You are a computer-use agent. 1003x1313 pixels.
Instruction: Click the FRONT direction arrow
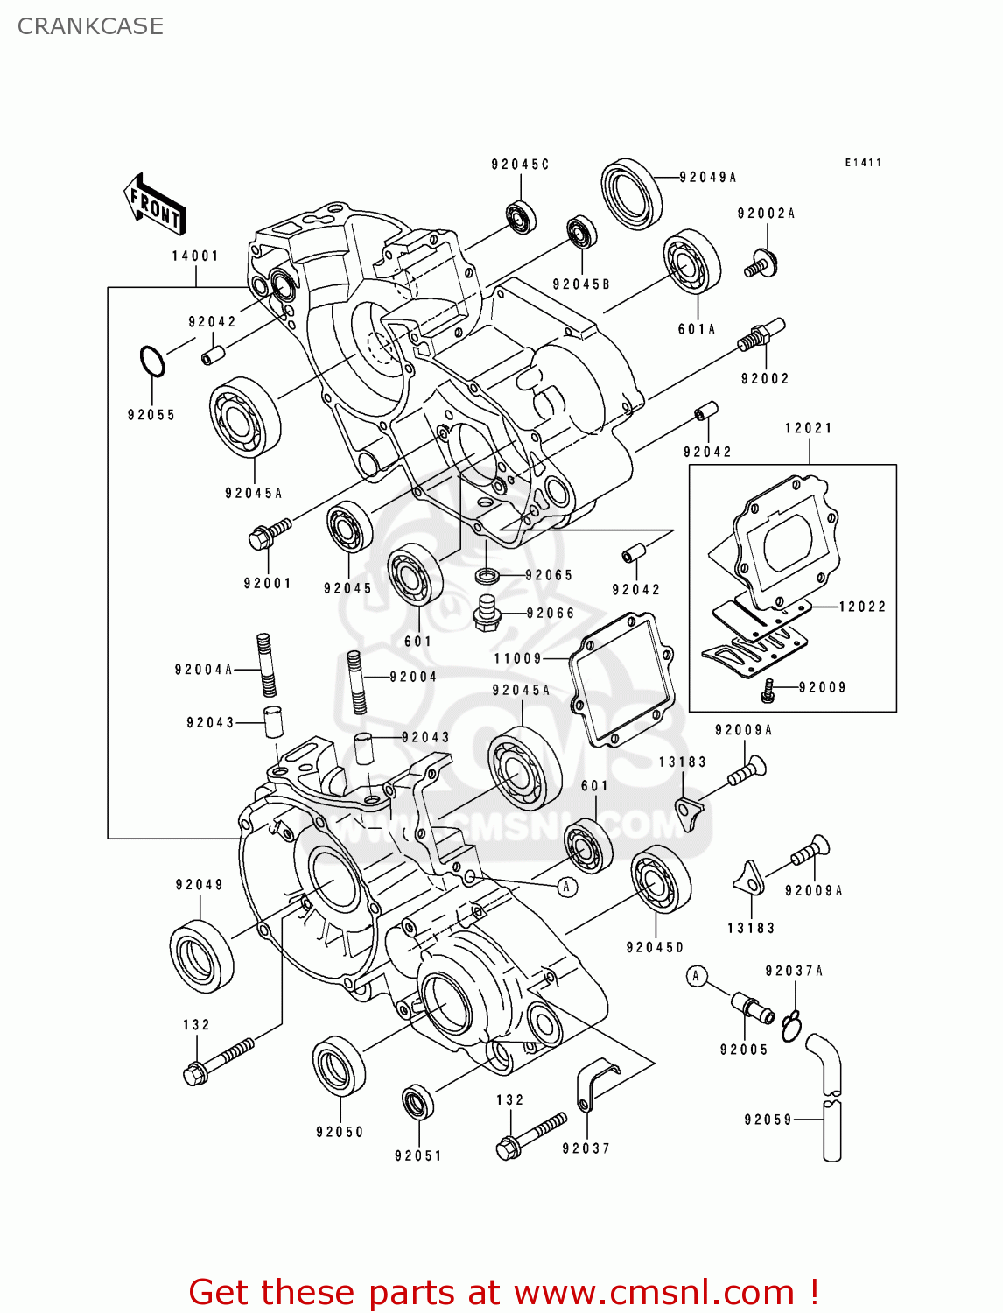tap(154, 204)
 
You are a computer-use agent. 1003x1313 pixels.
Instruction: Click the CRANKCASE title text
tap(90, 26)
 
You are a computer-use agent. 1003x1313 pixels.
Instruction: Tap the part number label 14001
tap(194, 256)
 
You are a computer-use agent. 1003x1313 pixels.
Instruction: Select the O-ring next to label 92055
tap(151, 362)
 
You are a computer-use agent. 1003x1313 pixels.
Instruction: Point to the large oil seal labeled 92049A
tap(631, 193)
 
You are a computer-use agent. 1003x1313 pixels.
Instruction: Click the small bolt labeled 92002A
tap(761, 263)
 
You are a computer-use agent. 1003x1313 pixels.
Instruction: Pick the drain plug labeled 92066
tap(487, 613)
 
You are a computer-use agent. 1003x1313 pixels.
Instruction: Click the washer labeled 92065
tap(487, 575)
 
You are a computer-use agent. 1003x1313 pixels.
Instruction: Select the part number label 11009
tap(518, 658)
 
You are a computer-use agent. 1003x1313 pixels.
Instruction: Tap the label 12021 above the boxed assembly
tap(808, 428)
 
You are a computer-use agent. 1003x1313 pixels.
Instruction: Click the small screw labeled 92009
tap(768, 692)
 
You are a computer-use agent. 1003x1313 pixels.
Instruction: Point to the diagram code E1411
tap(862, 163)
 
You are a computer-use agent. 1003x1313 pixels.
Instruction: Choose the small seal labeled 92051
tap(417, 1101)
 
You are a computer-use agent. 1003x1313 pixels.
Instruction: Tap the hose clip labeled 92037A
tap(792, 1025)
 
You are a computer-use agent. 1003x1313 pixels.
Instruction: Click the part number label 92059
tap(768, 1120)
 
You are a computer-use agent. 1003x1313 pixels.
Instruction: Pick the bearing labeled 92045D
tap(660, 880)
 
